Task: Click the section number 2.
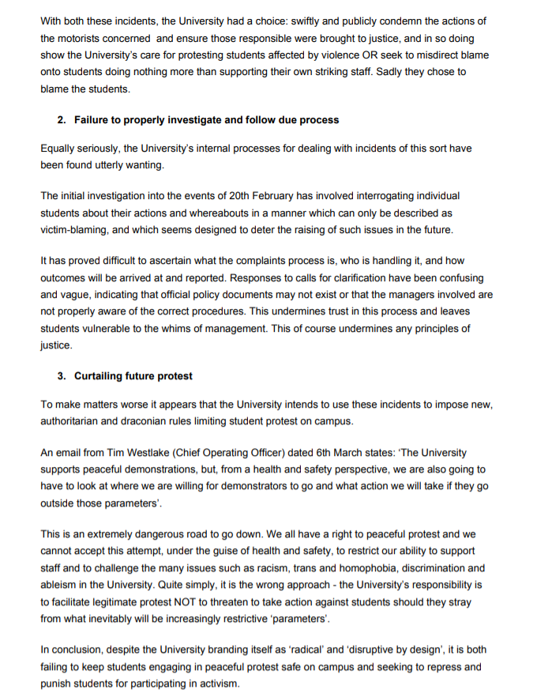(60, 120)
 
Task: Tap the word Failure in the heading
(93, 120)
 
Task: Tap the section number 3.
(60, 375)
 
